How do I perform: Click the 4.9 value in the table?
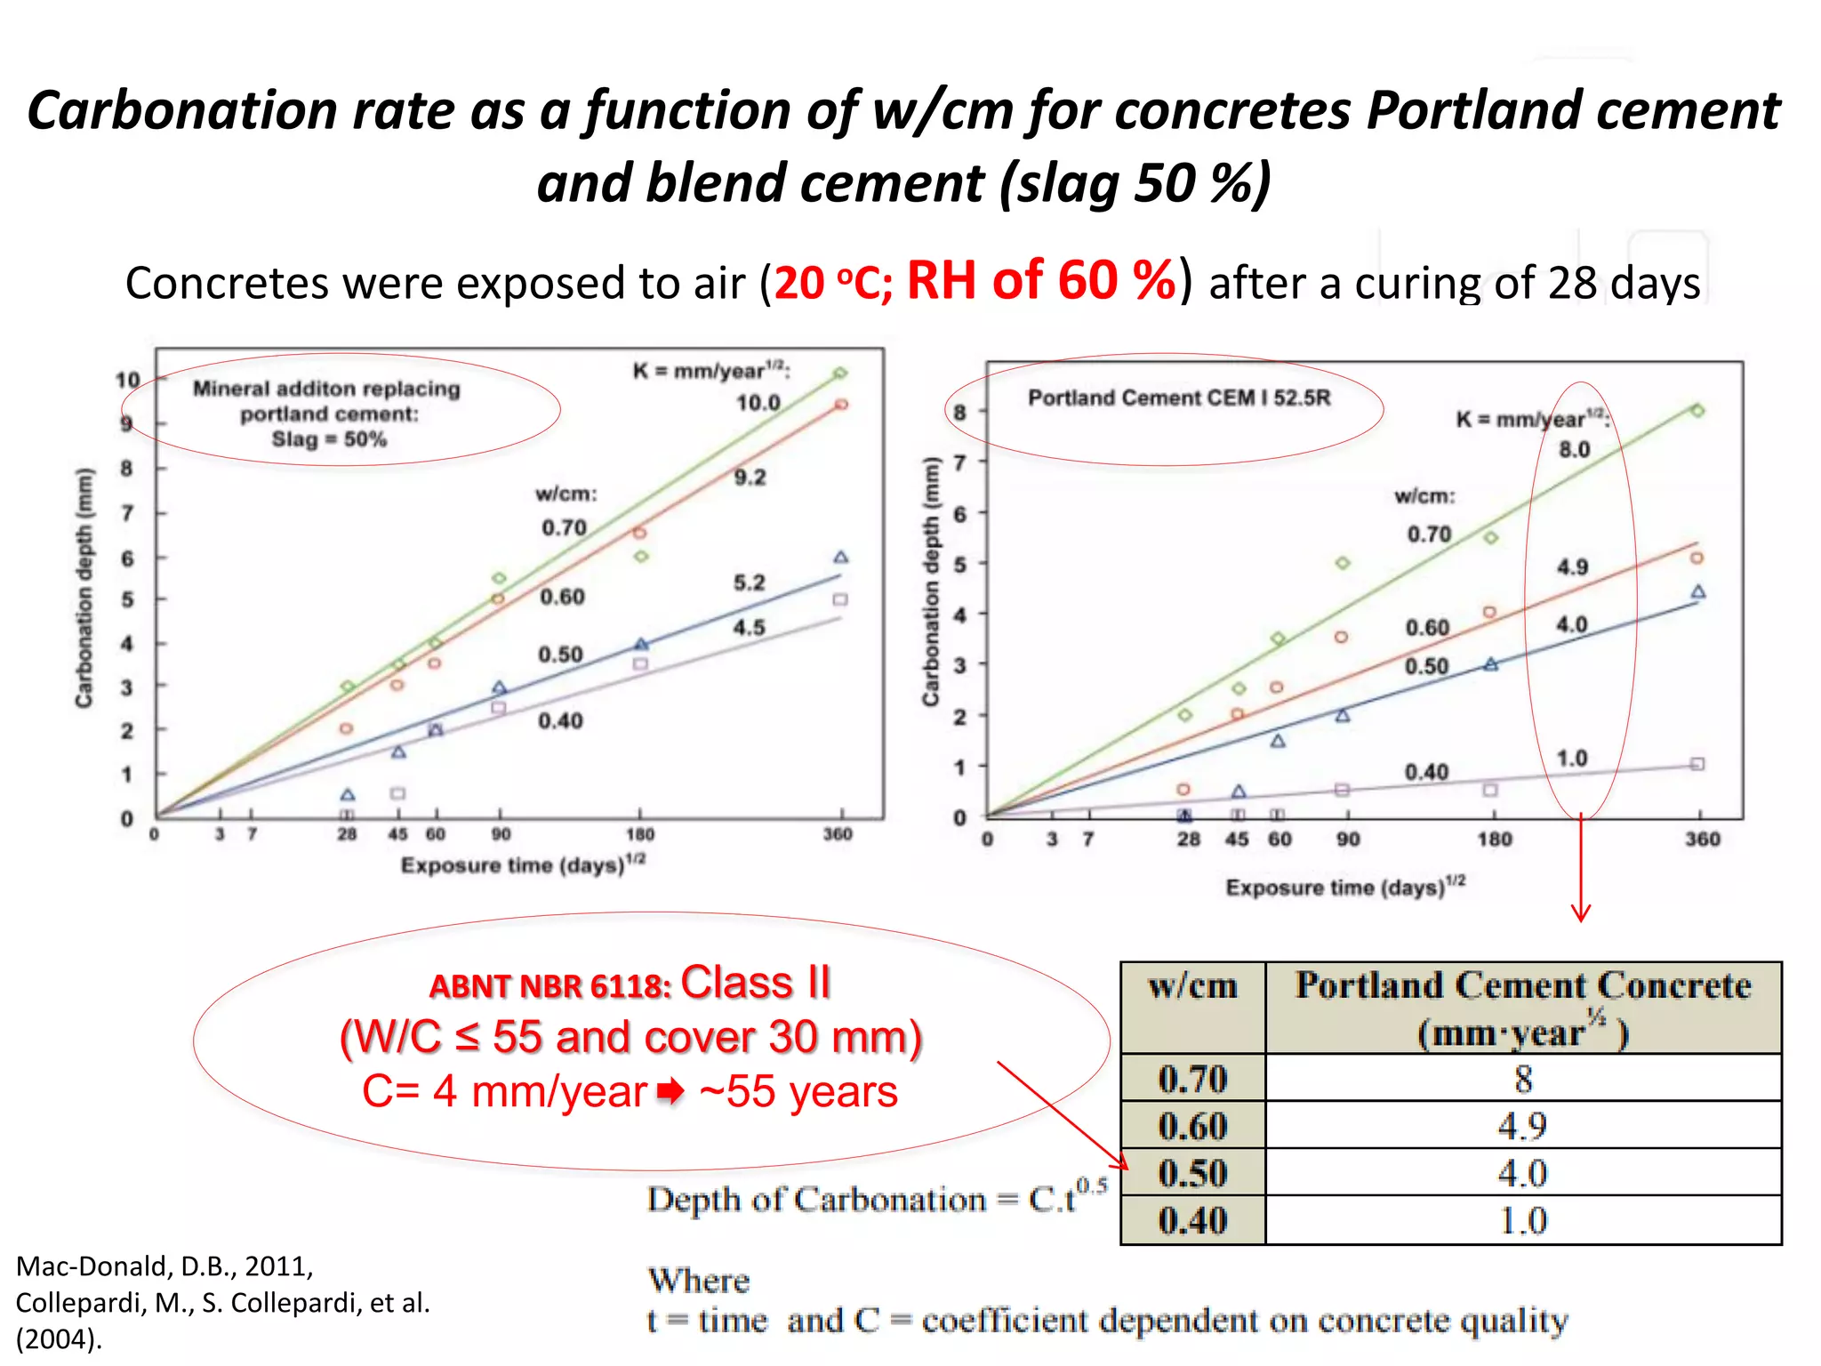1522,1126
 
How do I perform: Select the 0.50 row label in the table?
1192,1173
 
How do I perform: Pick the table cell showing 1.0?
1522,1221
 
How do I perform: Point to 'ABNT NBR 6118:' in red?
550,986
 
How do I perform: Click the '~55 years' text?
798,1092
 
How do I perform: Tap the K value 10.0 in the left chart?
758,404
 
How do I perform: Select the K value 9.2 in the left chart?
750,478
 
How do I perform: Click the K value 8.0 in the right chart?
1574,450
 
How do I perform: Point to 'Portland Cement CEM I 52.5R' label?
1179,398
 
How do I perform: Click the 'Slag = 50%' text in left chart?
329,439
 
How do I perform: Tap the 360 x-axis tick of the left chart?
838,834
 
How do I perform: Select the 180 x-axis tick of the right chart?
1495,840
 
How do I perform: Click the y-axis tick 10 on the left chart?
127,380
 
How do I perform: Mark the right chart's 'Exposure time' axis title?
1344,887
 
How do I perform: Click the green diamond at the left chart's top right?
840,374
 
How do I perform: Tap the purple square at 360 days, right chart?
1697,764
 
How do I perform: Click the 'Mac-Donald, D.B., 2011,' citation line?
164,1266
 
